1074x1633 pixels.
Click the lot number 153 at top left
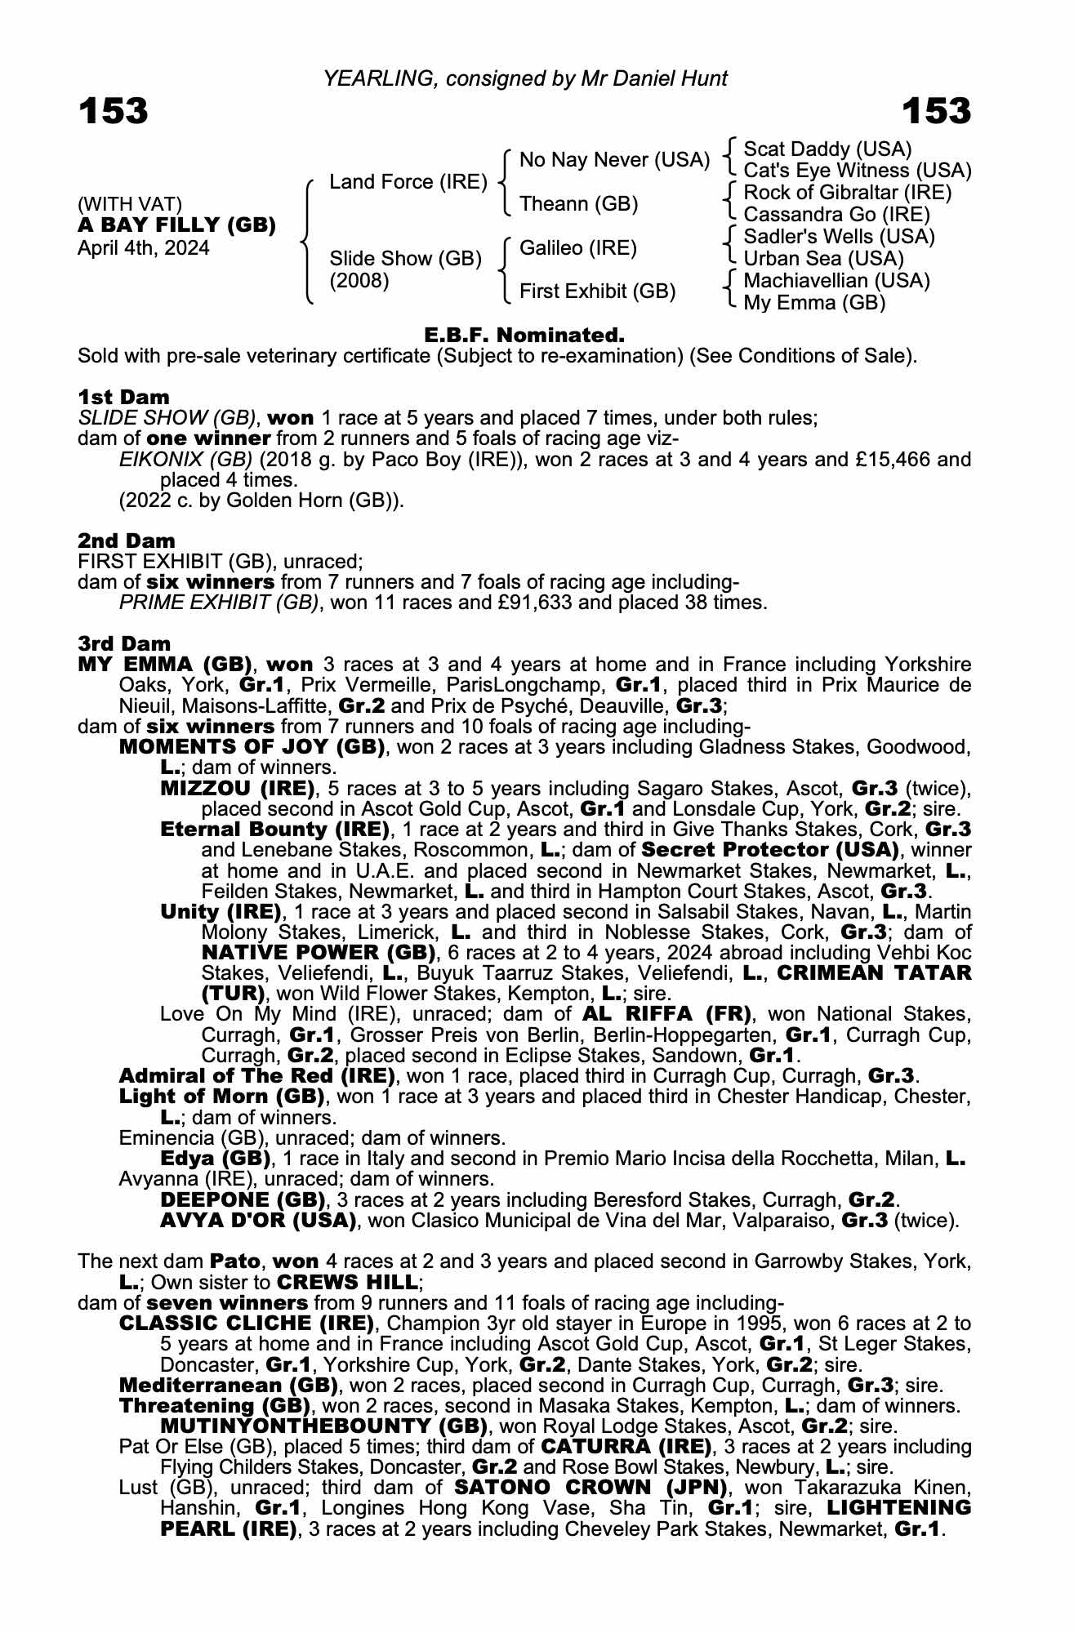(114, 111)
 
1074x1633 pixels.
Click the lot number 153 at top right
(936, 111)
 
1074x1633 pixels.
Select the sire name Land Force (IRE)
(408, 182)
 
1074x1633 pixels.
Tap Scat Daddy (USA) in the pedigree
(827, 149)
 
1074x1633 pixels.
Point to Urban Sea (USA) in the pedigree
(823, 259)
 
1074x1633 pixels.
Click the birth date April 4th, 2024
(143, 248)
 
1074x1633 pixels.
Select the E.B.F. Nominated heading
(524, 335)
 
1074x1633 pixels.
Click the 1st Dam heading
(123, 398)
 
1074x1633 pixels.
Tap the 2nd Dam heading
(126, 541)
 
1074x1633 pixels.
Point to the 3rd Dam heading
(124, 643)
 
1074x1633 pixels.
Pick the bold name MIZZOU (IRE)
(238, 789)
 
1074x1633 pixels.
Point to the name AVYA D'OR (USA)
(258, 1221)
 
